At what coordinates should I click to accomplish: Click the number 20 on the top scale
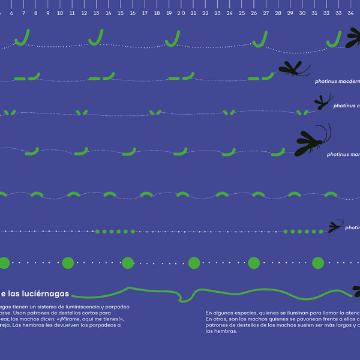tap(181, 13)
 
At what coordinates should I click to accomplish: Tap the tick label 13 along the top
tap(96, 13)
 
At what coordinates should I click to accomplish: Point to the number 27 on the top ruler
tap(265, 13)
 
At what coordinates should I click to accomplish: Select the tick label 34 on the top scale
tap(350, 13)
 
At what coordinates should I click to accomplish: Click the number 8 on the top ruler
tap(35, 13)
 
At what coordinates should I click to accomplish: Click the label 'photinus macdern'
tap(337, 81)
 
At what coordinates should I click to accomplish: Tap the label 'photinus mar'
tap(343, 154)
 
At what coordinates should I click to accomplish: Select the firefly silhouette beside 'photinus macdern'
tap(290, 69)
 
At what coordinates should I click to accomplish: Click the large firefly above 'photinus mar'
tap(312, 141)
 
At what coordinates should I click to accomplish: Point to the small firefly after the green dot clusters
tap(335, 227)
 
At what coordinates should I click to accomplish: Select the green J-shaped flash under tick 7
tap(23, 38)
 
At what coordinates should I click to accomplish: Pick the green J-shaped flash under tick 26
tap(260, 40)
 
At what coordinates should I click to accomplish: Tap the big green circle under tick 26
tap(254, 263)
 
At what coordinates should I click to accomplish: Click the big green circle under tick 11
tap(68, 263)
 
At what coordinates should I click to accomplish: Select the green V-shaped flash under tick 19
tap(155, 112)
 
